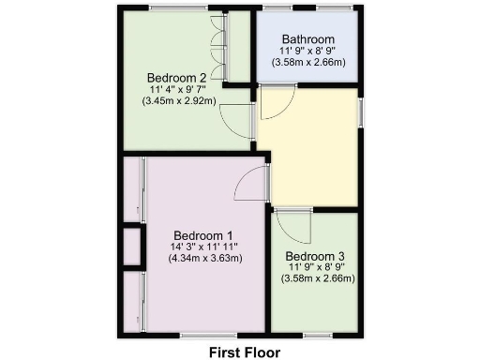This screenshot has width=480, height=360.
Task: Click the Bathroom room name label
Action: coord(307,38)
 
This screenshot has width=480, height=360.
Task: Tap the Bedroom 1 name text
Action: coord(202,235)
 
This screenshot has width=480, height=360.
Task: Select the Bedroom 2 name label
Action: coord(176,77)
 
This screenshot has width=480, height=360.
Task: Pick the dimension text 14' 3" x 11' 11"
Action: coord(204,247)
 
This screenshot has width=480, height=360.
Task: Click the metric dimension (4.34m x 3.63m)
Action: coord(205,259)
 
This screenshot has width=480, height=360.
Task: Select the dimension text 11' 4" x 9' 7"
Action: coord(178,88)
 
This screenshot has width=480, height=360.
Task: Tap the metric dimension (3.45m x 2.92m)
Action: coord(178,99)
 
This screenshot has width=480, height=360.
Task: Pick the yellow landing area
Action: coord(309,150)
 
